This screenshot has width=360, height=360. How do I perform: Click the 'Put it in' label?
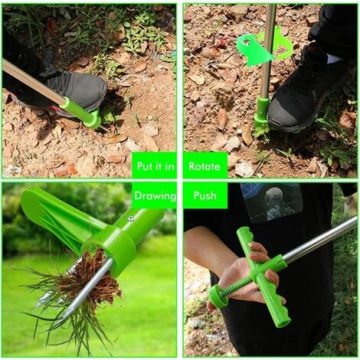pyautogui.click(x=155, y=166)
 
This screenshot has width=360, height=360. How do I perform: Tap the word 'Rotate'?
pyautogui.click(x=205, y=166)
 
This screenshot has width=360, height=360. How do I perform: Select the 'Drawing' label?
pyautogui.click(x=155, y=196)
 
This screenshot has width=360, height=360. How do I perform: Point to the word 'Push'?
pyautogui.click(x=205, y=195)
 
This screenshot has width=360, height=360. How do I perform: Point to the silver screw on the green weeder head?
pyautogui.click(x=132, y=218)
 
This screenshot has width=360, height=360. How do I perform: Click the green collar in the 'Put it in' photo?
pyautogui.click(x=82, y=113)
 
